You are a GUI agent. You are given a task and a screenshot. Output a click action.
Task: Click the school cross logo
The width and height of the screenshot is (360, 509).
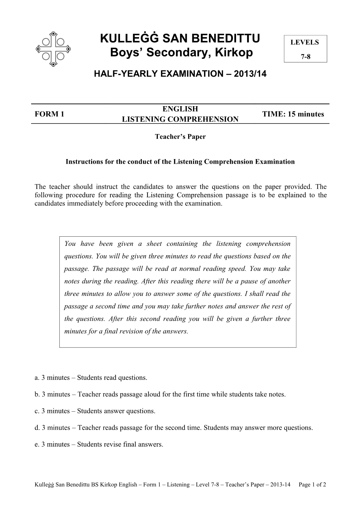click(53, 49)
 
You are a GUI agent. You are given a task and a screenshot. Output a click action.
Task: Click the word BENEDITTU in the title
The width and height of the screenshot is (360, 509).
click(226, 38)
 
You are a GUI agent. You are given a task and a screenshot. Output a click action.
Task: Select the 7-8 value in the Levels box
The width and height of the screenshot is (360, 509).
click(305, 56)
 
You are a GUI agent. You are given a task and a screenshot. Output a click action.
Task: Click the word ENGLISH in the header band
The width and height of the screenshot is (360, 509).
click(180, 109)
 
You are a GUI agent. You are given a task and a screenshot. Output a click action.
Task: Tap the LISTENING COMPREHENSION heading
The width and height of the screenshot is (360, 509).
click(180, 119)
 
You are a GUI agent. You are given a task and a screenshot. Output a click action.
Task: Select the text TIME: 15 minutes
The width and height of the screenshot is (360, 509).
click(293, 114)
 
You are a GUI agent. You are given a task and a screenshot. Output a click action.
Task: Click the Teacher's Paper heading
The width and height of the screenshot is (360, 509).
click(180, 137)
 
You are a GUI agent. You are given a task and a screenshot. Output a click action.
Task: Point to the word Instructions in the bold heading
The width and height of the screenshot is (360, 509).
click(83, 162)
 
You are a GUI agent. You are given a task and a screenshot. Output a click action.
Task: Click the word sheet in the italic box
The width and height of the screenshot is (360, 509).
click(154, 244)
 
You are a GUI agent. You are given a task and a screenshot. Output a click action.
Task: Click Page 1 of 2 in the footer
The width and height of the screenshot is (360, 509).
click(312, 485)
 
